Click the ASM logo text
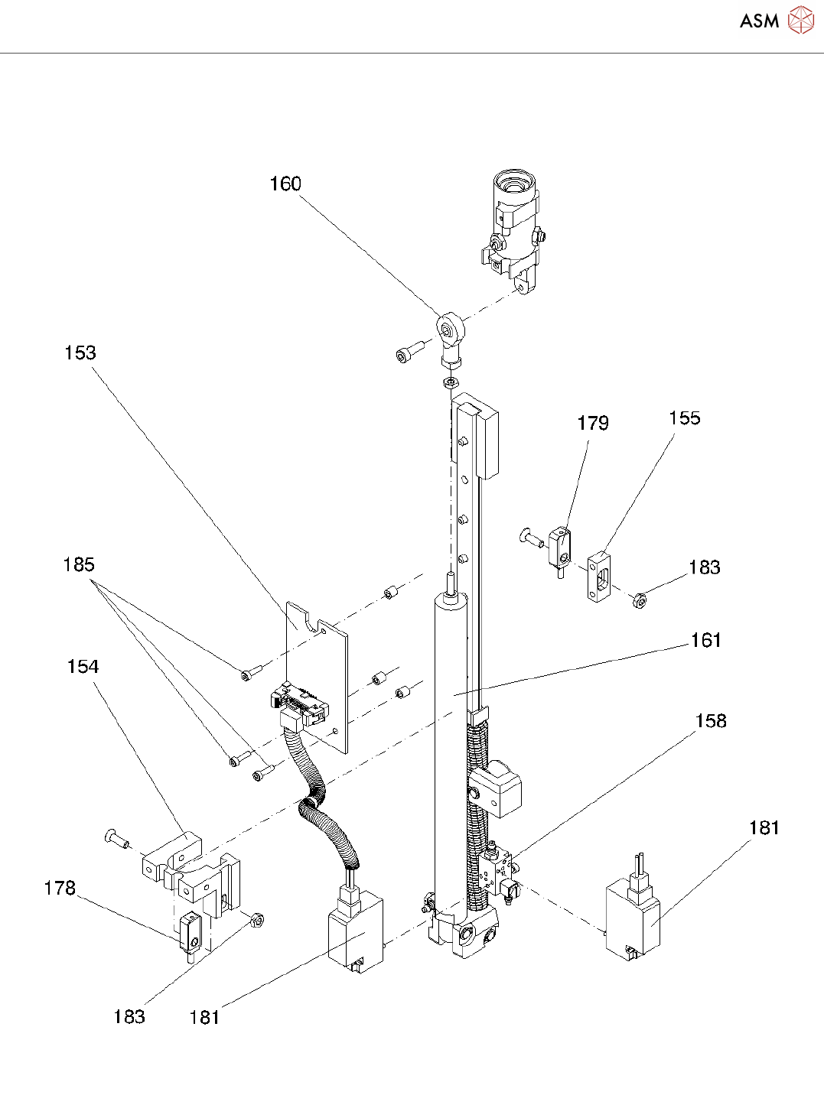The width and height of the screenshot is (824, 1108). [759, 21]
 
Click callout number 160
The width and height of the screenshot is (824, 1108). [285, 184]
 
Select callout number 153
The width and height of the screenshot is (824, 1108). [80, 353]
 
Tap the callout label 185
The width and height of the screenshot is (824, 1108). [79, 565]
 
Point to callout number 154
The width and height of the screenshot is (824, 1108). [83, 667]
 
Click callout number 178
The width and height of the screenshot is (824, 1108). [60, 889]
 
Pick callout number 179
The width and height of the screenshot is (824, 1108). [593, 424]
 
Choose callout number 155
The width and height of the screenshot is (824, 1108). [685, 418]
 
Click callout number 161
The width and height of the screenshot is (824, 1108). [705, 641]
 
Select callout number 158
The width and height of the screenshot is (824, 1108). [711, 721]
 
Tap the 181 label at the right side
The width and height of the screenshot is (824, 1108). [764, 828]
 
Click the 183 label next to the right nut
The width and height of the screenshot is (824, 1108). [704, 567]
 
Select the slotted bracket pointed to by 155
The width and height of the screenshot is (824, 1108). [600, 577]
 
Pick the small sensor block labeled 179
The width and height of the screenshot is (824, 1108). [559, 544]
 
